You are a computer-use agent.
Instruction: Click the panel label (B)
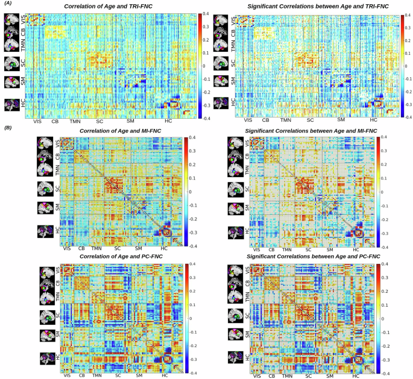[8, 127]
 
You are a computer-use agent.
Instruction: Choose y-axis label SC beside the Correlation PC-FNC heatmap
[58, 315]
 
